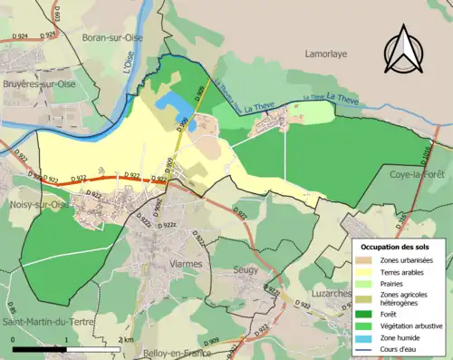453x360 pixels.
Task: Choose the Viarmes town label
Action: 186,264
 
